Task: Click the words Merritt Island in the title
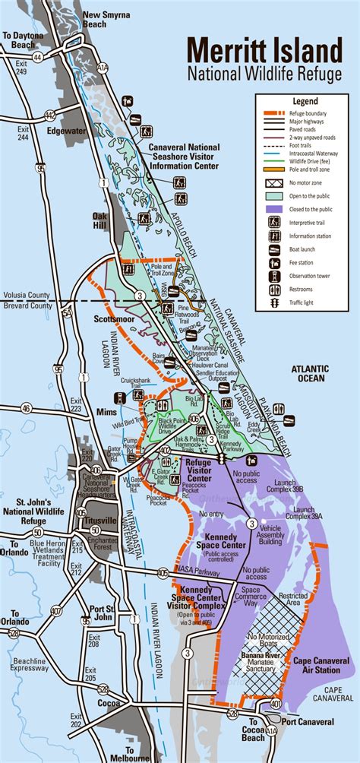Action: [264, 52]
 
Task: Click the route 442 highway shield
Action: [50, 116]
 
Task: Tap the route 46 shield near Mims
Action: [27, 408]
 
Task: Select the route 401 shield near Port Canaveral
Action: [275, 705]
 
